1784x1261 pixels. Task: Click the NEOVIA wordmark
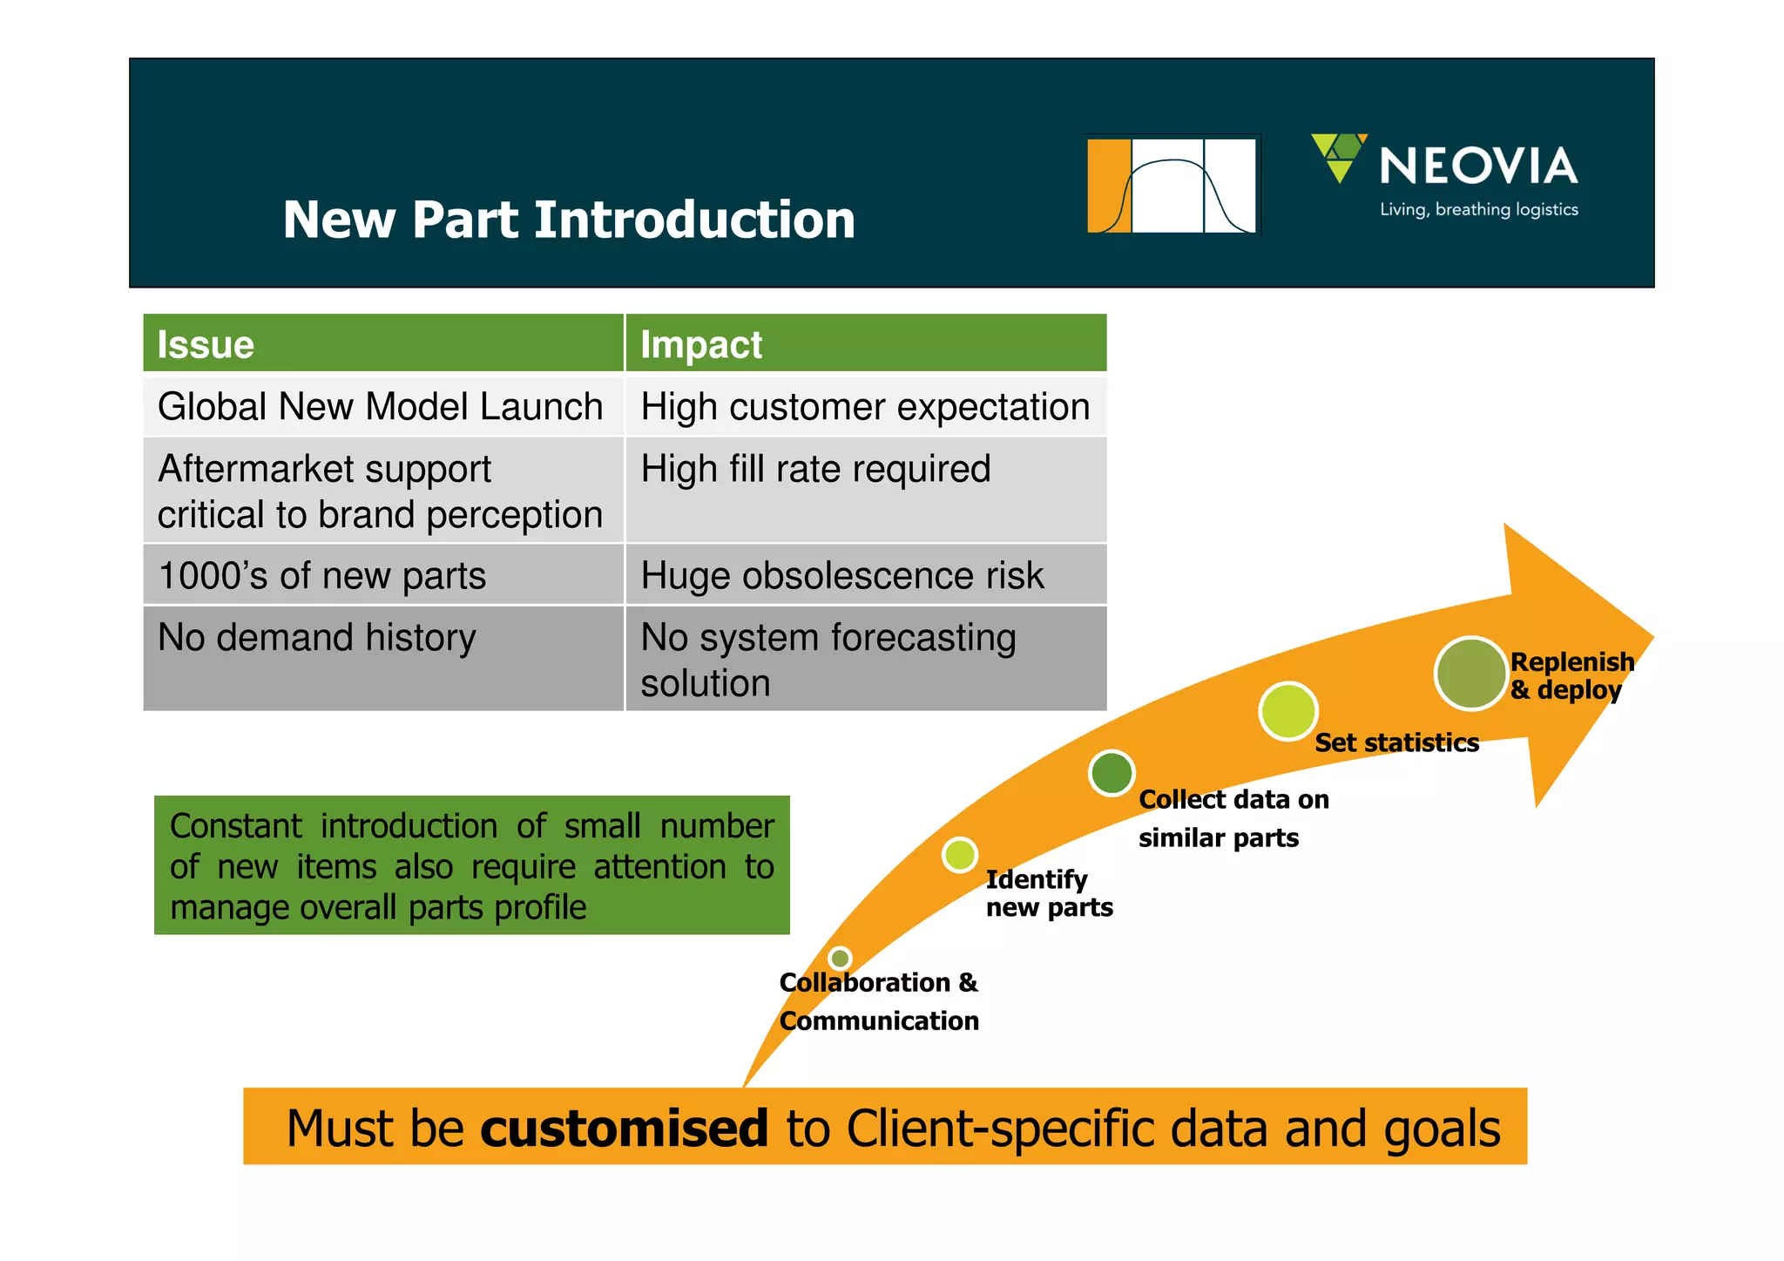coord(1478,166)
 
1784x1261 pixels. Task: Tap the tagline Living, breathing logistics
coord(1478,209)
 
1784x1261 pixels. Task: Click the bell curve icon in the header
coord(1172,185)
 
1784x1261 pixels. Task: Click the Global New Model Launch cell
coord(381,406)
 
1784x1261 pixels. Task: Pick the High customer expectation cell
coord(865,406)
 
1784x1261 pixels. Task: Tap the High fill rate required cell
coord(815,469)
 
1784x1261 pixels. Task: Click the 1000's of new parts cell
coord(321,575)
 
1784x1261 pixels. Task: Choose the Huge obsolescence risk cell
coord(842,575)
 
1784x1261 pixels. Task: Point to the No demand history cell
coord(317,637)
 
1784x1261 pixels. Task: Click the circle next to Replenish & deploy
coord(1470,673)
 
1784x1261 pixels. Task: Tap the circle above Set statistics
coord(1287,711)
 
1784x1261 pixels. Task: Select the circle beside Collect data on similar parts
coord(1112,772)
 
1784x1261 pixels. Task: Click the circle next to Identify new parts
coord(960,855)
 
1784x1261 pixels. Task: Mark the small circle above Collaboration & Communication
coord(840,959)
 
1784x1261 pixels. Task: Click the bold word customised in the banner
coord(624,1128)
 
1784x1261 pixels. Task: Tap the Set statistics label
coord(1396,742)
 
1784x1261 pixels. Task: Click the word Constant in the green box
coord(236,825)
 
